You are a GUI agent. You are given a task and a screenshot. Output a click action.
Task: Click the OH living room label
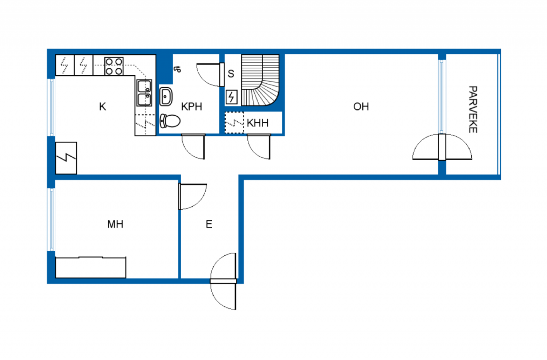361,107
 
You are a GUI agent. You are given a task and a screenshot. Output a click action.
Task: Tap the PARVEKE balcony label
473,109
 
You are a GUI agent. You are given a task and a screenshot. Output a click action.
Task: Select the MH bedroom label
115,224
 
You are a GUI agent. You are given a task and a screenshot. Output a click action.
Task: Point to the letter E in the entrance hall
209,224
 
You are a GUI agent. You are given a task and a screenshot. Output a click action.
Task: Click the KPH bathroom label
192,107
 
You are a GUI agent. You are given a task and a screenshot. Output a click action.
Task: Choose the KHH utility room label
258,123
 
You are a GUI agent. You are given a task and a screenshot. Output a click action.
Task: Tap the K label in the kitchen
103,107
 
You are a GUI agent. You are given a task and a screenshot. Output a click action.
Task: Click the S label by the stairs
231,74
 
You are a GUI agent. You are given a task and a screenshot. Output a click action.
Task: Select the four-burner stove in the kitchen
114,66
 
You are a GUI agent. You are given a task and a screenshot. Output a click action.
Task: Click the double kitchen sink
144,93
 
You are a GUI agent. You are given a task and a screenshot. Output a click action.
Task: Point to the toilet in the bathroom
170,121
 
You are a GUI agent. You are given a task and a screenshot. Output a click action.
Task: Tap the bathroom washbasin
166,97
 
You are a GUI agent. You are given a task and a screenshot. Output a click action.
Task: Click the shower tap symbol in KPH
177,69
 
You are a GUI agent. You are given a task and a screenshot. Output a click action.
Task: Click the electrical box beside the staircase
231,97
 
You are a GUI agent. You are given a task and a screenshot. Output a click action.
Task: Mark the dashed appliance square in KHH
234,123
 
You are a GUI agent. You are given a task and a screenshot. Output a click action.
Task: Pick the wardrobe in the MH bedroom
91,267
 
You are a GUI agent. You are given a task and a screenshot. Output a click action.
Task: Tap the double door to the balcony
442,147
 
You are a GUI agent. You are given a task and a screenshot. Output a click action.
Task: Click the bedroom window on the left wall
52,220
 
